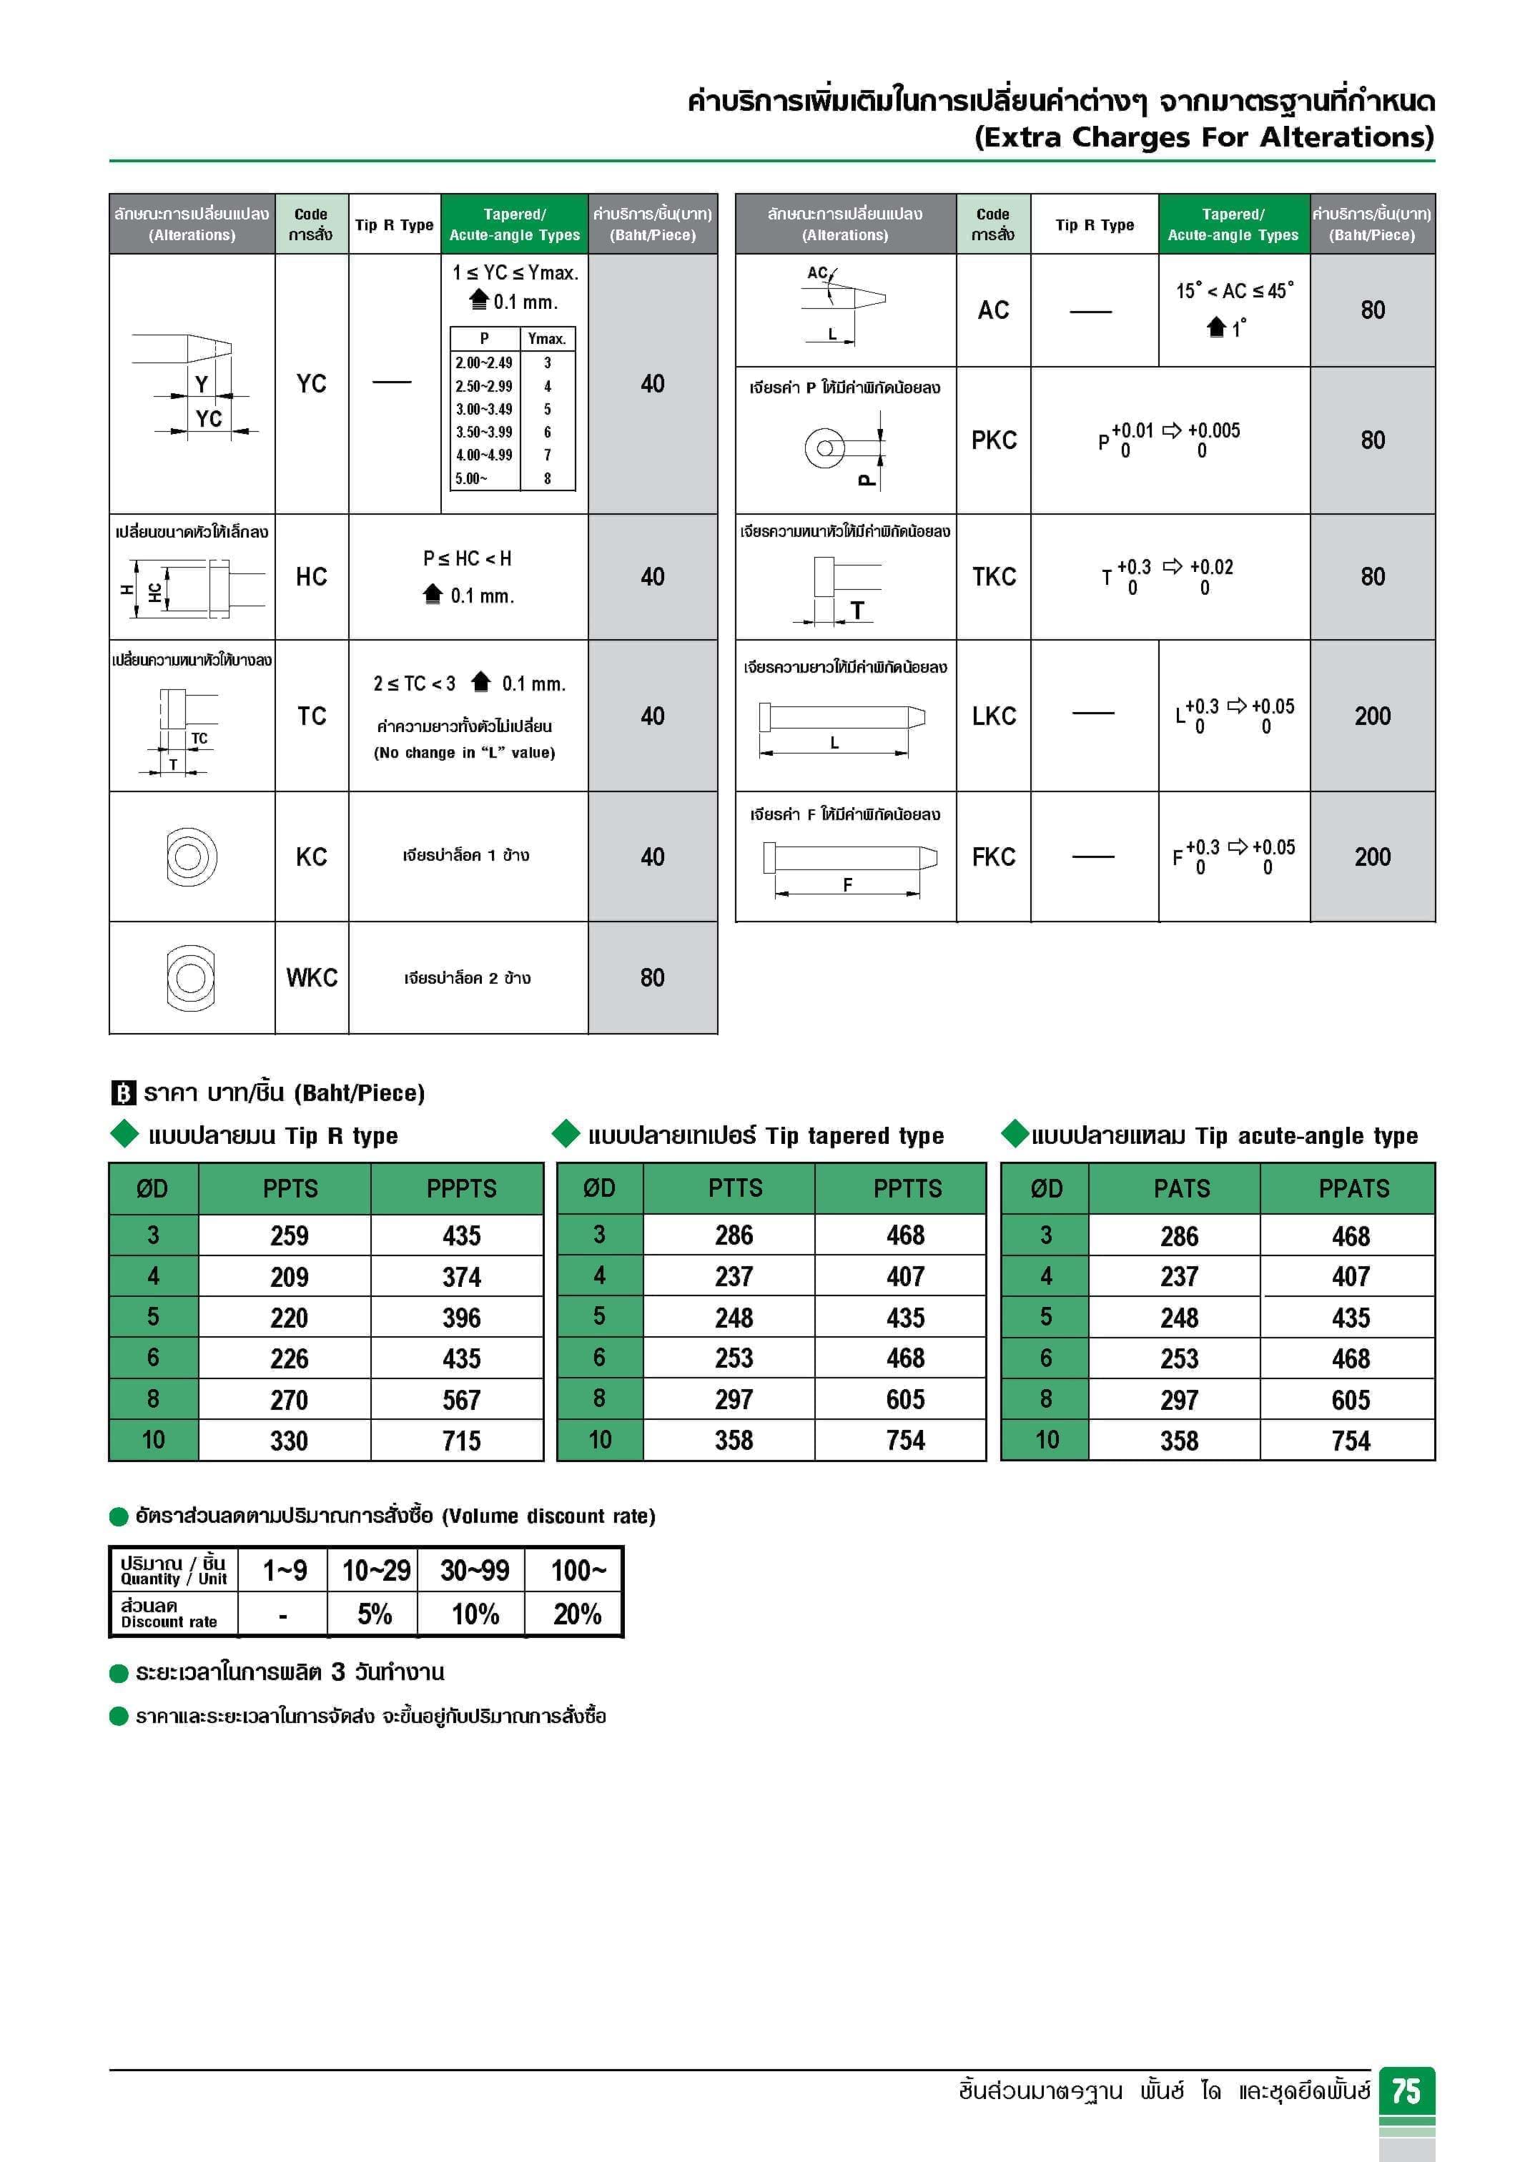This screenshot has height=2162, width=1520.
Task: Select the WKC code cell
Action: tap(312, 977)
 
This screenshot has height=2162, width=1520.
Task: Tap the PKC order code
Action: tap(994, 440)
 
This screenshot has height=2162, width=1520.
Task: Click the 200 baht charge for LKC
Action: tap(1372, 716)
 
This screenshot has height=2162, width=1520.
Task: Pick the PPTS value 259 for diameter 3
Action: tap(289, 1235)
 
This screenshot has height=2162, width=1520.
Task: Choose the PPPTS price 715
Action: tap(461, 1441)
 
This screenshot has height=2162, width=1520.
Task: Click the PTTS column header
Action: tap(734, 1188)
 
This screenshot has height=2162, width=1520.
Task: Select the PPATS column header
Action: tap(1353, 1188)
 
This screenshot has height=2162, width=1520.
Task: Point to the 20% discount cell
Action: tap(576, 1614)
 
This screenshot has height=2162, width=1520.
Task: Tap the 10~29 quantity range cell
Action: tap(376, 1571)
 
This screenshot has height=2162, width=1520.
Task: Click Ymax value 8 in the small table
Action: tap(547, 478)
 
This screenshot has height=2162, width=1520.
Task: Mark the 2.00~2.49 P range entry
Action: tap(484, 362)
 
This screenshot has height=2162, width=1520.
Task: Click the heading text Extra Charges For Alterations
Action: tap(1203, 137)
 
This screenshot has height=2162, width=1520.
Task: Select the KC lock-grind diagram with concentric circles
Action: tap(191, 857)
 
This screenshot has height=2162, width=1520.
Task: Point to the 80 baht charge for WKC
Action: tap(653, 977)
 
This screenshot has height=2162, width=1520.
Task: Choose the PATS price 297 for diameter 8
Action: tap(1179, 1400)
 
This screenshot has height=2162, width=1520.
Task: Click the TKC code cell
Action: tap(994, 576)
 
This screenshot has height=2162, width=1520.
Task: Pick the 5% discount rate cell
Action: tap(375, 1614)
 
